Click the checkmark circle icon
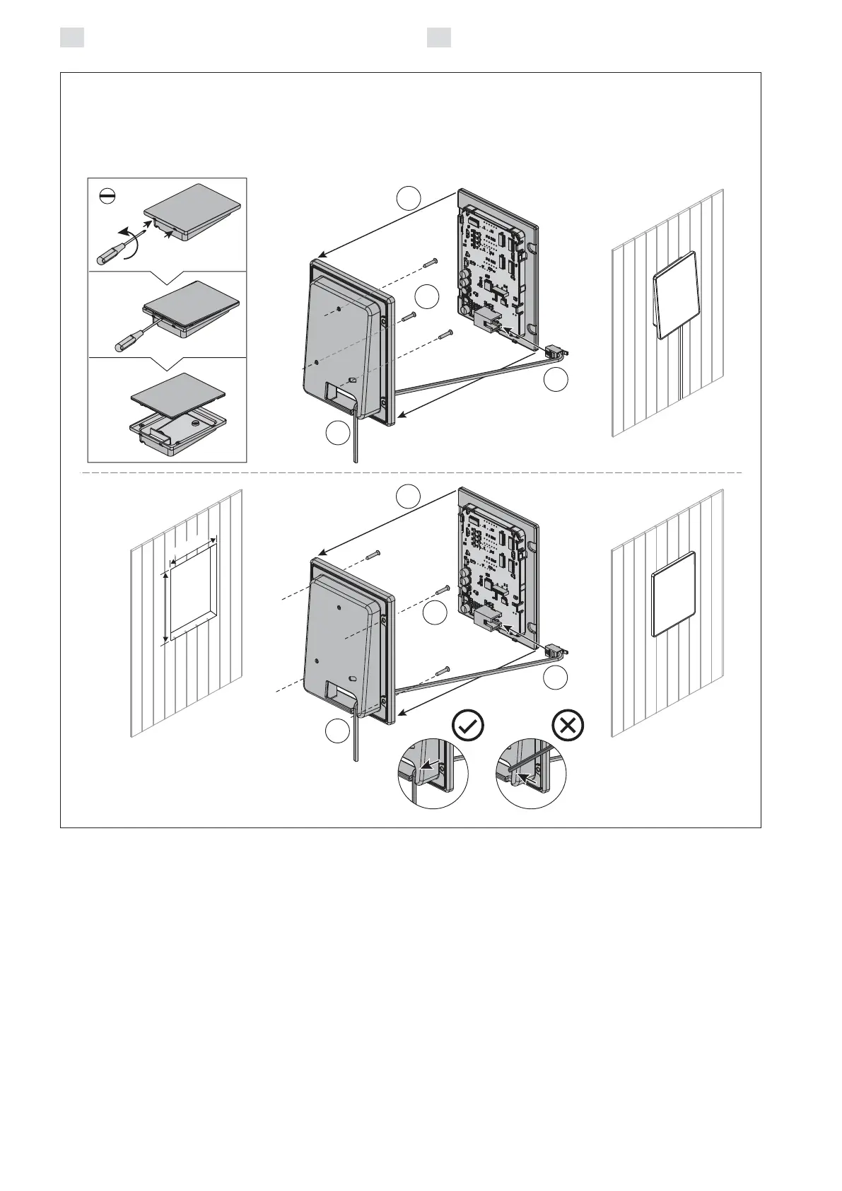click(468, 726)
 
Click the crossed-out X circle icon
click(567, 726)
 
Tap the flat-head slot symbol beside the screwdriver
click(107, 197)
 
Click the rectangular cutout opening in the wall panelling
click(189, 593)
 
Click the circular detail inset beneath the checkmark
click(433, 774)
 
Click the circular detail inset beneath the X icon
click(532, 774)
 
